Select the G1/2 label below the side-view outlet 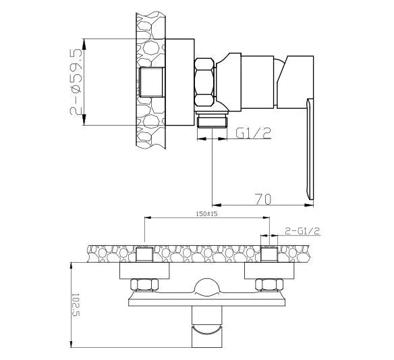254,134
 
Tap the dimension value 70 265,200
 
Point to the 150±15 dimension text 206,213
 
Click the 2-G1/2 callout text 302,231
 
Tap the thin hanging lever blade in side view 311,149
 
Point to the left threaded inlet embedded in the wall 145,255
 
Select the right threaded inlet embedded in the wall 269,255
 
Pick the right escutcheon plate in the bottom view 269,270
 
